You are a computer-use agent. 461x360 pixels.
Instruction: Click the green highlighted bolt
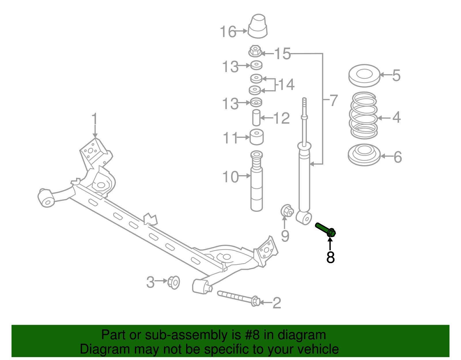pyautogui.click(x=325, y=230)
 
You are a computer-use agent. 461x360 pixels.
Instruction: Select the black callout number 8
pyautogui.click(x=330, y=257)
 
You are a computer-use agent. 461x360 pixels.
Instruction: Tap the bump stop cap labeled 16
pyautogui.click(x=258, y=26)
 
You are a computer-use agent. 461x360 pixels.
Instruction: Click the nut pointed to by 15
pyautogui.click(x=255, y=52)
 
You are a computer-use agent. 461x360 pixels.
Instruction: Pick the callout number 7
pyautogui.click(x=334, y=100)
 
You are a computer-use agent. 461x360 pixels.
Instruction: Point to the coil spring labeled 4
pyautogui.click(x=364, y=115)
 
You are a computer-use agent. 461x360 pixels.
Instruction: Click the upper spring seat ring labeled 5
pyautogui.click(x=364, y=76)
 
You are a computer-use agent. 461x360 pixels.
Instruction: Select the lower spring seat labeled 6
pyautogui.click(x=364, y=155)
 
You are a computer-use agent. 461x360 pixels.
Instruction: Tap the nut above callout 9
pyautogui.click(x=287, y=211)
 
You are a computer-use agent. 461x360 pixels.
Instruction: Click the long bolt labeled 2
pyautogui.click(x=238, y=298)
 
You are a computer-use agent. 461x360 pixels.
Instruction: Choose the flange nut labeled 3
pyautogui.click(x=174, y=282)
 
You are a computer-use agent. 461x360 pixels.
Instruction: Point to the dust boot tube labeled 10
pyautogui.click(x=256, y=184)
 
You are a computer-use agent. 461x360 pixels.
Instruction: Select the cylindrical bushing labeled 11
pyautogui.click(x=256, y=137)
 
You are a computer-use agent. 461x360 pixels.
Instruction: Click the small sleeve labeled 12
pyautogui.click(x=256, y=118)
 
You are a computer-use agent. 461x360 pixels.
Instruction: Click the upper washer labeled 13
pyautogui.click(x=256, y=65)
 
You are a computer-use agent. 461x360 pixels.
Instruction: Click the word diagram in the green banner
pyautogui.click(x=302, y=335)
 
